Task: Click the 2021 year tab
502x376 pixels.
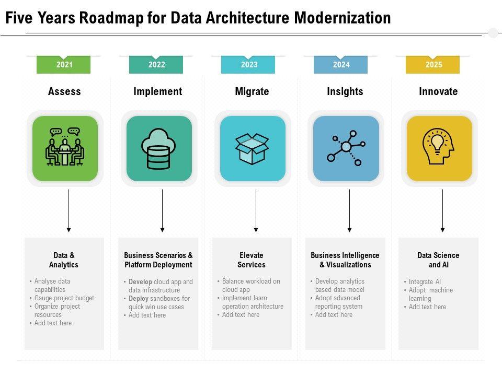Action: (64, 65)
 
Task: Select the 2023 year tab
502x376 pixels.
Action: (249, 65)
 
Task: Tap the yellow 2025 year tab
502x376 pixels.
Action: (433, 65)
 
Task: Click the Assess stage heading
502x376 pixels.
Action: (64, 92)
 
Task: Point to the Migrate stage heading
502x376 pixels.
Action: (252, 92)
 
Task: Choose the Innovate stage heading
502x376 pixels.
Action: (438, 92)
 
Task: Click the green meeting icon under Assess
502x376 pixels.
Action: (65, 148)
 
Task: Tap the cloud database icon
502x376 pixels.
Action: (158, 148)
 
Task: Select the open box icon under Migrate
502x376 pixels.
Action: (252, 148)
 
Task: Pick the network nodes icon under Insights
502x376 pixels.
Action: (346, 148)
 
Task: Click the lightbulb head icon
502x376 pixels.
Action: (439, 148)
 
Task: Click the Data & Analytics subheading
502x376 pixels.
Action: (64, 260)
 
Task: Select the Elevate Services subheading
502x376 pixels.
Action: (252, 260)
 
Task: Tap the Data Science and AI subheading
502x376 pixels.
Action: (438, 260)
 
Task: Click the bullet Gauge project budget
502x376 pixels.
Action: (64, 298)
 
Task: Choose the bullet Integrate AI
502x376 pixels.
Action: (425, 281)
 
